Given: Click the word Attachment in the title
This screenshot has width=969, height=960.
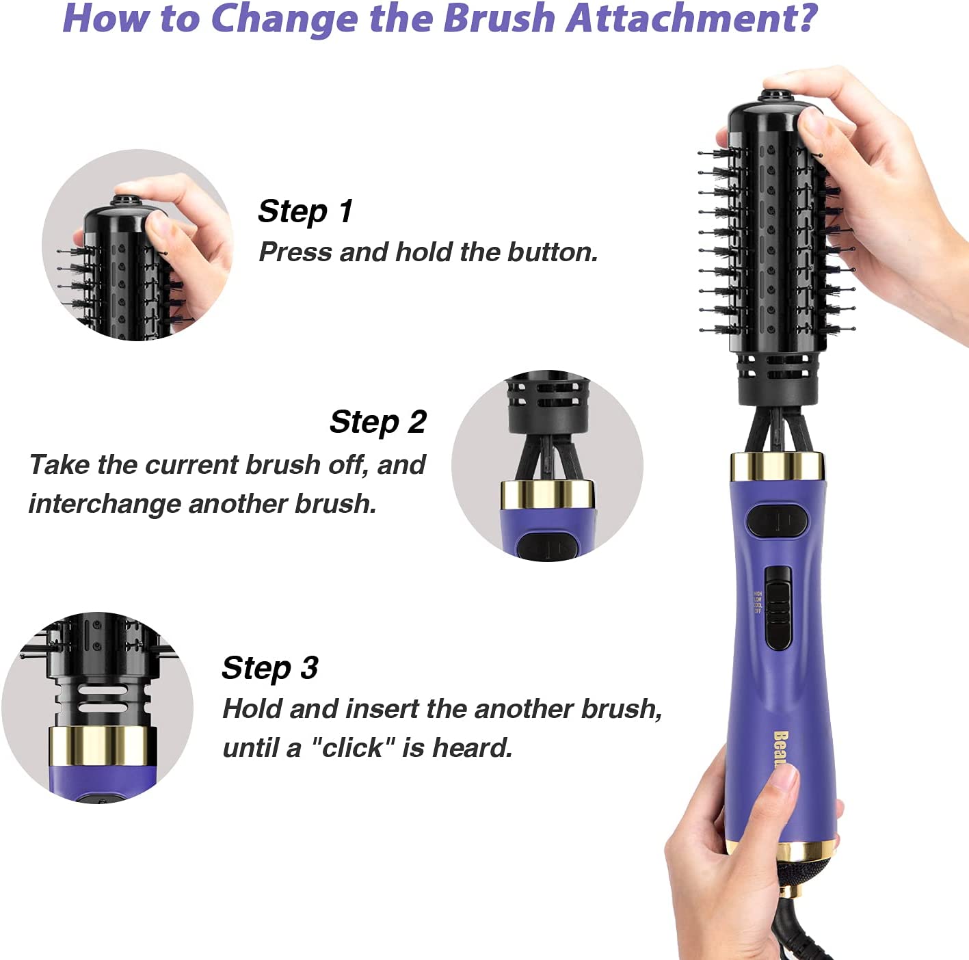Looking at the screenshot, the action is [691, 18].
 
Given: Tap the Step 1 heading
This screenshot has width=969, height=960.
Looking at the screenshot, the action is [305, 211].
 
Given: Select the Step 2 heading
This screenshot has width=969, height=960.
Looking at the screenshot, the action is [378, 421].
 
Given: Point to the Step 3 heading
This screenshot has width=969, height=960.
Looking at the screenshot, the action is [270, 668].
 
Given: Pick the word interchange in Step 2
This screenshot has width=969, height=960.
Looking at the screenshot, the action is [104, 503].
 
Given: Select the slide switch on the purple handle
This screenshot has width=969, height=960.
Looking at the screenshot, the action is [778, 607].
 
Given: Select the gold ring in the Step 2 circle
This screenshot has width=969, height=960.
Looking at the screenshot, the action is [548, 495].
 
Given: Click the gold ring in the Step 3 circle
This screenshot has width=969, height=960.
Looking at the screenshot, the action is [103, 746].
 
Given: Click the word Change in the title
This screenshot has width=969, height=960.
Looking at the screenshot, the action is [284, 18].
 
